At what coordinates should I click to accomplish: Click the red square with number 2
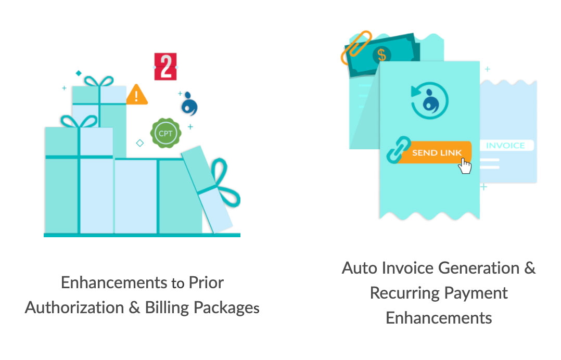pos(165,67)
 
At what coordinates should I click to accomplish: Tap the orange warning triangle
pos(137,95)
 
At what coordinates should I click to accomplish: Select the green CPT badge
pos(166,134)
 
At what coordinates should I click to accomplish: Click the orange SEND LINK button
pos(436,153)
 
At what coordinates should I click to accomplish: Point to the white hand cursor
pos(465,166)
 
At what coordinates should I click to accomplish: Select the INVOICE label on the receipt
pos(505,146)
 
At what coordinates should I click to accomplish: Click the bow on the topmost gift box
pos(99,82)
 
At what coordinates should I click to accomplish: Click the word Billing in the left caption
pos(166,307)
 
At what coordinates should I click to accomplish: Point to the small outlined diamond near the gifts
pos(139,143)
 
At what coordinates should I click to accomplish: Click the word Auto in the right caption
pos(360,268)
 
